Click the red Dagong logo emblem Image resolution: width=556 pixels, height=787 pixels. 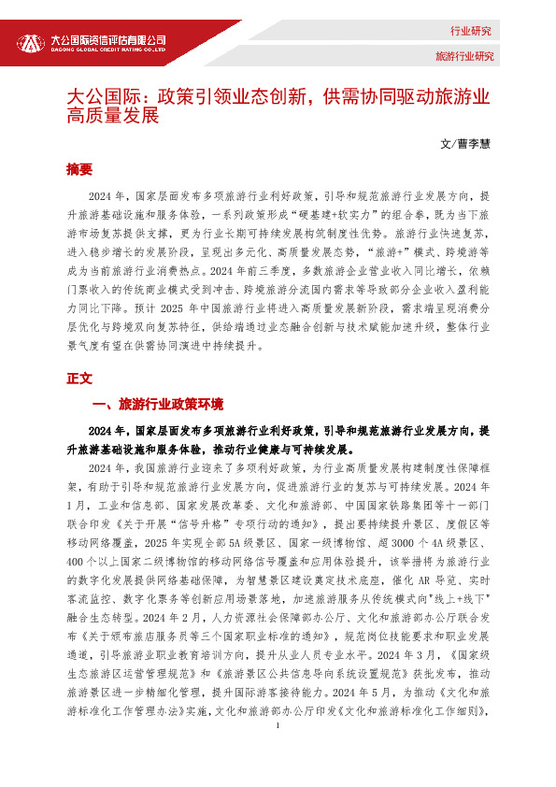[x=31, y=42]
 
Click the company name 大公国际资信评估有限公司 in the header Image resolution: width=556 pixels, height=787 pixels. [x=107, y=39]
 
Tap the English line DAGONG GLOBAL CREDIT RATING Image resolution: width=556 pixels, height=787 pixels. [x=107, y=50]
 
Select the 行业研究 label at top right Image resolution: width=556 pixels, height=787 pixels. [x=470, y=31]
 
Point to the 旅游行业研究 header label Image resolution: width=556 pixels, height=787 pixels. [x=463, y=56]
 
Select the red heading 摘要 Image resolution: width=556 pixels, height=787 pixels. [x=79, y=169]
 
